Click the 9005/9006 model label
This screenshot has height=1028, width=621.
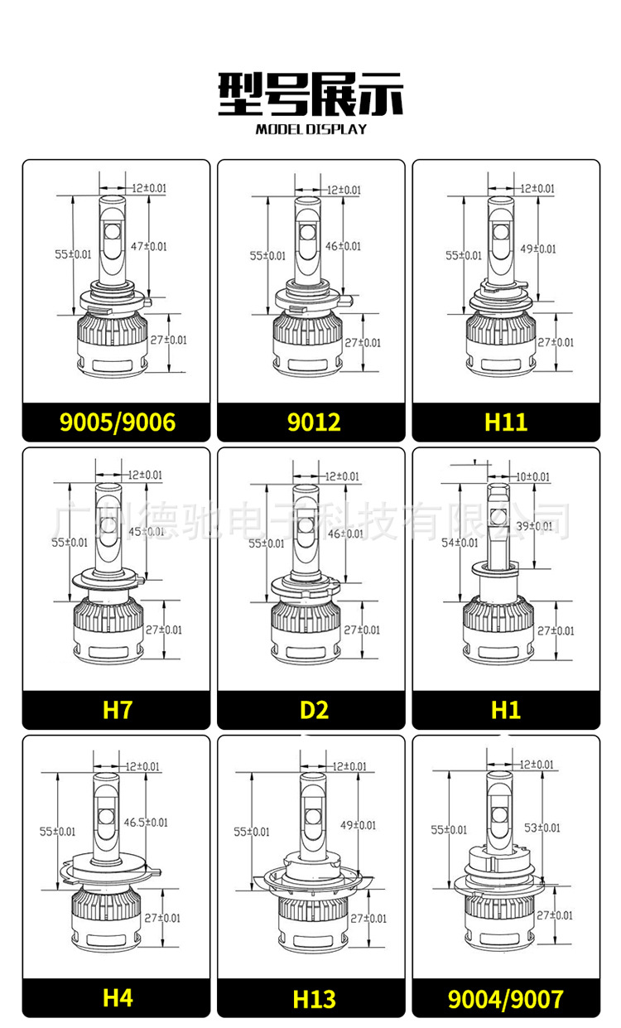(118, 422)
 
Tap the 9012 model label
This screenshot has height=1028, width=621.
(314, 422)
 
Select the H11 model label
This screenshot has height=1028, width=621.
(506, 422)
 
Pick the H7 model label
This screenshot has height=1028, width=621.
(118, 710)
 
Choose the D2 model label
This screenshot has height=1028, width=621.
(314, 710)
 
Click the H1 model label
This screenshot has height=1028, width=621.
(506, 710)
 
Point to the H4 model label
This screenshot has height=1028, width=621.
(118, 997)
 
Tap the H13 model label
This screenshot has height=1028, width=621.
(314, 999)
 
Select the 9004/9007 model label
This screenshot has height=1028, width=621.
(505, 999)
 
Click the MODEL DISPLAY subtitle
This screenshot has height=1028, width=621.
(311, 129)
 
